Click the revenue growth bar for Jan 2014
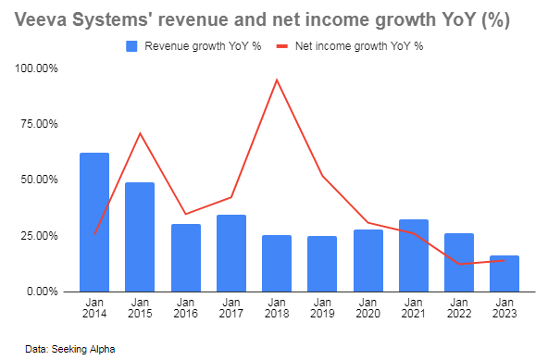[94, 222]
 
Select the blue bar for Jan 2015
[140, 237]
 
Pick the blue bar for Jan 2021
[413, 255]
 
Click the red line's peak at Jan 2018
[277, 80]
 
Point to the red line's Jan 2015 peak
[140, 133]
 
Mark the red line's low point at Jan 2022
[458, 264]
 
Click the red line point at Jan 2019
[322, 176]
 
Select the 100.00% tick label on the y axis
[36, 68]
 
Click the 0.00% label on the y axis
[42, 292]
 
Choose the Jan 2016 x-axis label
[185, 308]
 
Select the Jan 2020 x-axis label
[367, 308]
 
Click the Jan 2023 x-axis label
[504, 308]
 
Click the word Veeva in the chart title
[40, 19]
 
